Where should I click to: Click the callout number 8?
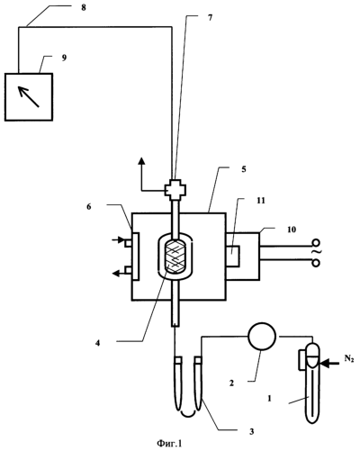(x=84, y=7)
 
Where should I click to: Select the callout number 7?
(x=210, y=18)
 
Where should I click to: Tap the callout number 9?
(x=64, y=58)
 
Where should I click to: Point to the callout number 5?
(x=244, y=169)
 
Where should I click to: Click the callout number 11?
(x=261, y=201)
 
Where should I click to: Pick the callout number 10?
(x=292, y=230)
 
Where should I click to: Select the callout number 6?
(x=89, y=207)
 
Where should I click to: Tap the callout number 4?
(x=97, y=343)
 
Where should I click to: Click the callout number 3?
(x=252, y=431)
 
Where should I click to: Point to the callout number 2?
(x=231, y=383)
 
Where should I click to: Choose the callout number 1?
(x=269, y=399)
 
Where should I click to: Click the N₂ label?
(x=349, y=359)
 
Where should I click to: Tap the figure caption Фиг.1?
(x=169, y=444)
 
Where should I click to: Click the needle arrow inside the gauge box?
(x=29, y=96)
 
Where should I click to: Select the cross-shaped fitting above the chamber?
(x=175, y=190)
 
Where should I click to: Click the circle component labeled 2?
(x=262, y=337)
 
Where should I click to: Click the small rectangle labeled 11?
(x=233, y=256)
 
